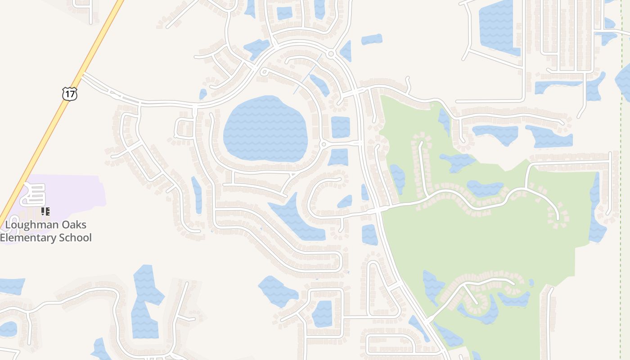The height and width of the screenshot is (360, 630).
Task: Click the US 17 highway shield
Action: [70, 94]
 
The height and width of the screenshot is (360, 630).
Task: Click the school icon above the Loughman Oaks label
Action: [45, 211]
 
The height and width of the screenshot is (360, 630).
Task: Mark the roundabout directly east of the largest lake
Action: [323, 144]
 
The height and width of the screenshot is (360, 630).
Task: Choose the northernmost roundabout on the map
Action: [331, 54]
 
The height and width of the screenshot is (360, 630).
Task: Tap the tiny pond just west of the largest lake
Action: [203, 94]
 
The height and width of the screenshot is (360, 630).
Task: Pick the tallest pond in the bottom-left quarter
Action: [145, 301]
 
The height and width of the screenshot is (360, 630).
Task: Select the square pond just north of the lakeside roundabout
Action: [340, 127]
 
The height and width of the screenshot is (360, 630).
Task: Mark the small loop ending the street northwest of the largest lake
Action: [264, 72]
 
